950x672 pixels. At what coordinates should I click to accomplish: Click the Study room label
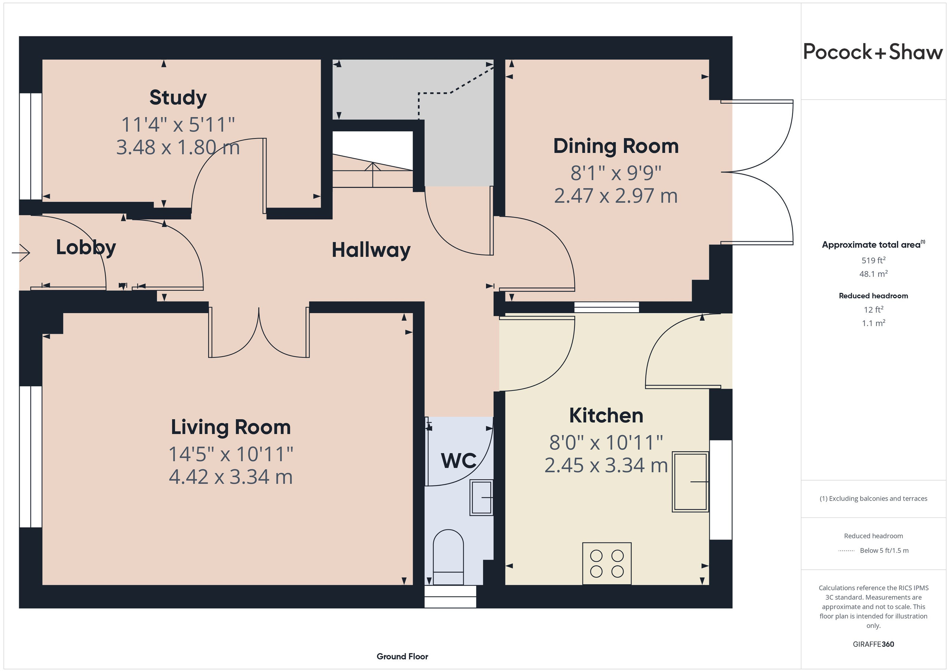[x=178, y=98]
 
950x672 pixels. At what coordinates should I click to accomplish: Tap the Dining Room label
[x=616, y=146]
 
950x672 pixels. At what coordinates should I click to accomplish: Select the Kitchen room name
[x=606, y=416]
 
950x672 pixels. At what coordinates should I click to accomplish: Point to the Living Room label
[x=231, y=427]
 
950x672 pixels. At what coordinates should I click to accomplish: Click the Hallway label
[x=371, y=250]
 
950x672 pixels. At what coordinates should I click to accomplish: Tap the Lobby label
[x=86, y=248]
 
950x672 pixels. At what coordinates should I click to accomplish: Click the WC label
[x=458, y=460]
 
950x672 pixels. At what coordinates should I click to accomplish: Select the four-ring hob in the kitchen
[x=607, y=563]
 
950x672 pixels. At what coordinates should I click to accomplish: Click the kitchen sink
[x=690, y=482]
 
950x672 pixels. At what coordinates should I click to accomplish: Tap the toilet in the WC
[x=448, y=557]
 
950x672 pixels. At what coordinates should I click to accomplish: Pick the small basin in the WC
[x=481, y=497]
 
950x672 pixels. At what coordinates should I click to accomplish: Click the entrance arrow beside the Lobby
[x=21, y=252]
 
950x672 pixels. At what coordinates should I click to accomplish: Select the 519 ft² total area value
[x=874, y=260]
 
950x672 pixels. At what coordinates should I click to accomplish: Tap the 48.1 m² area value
[x=874, y=273]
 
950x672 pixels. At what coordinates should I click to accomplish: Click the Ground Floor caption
[x=402, y=656]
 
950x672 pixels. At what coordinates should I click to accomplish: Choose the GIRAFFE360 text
[x=874, y=644]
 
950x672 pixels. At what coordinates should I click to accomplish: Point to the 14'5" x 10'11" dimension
[x=231, y=454]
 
